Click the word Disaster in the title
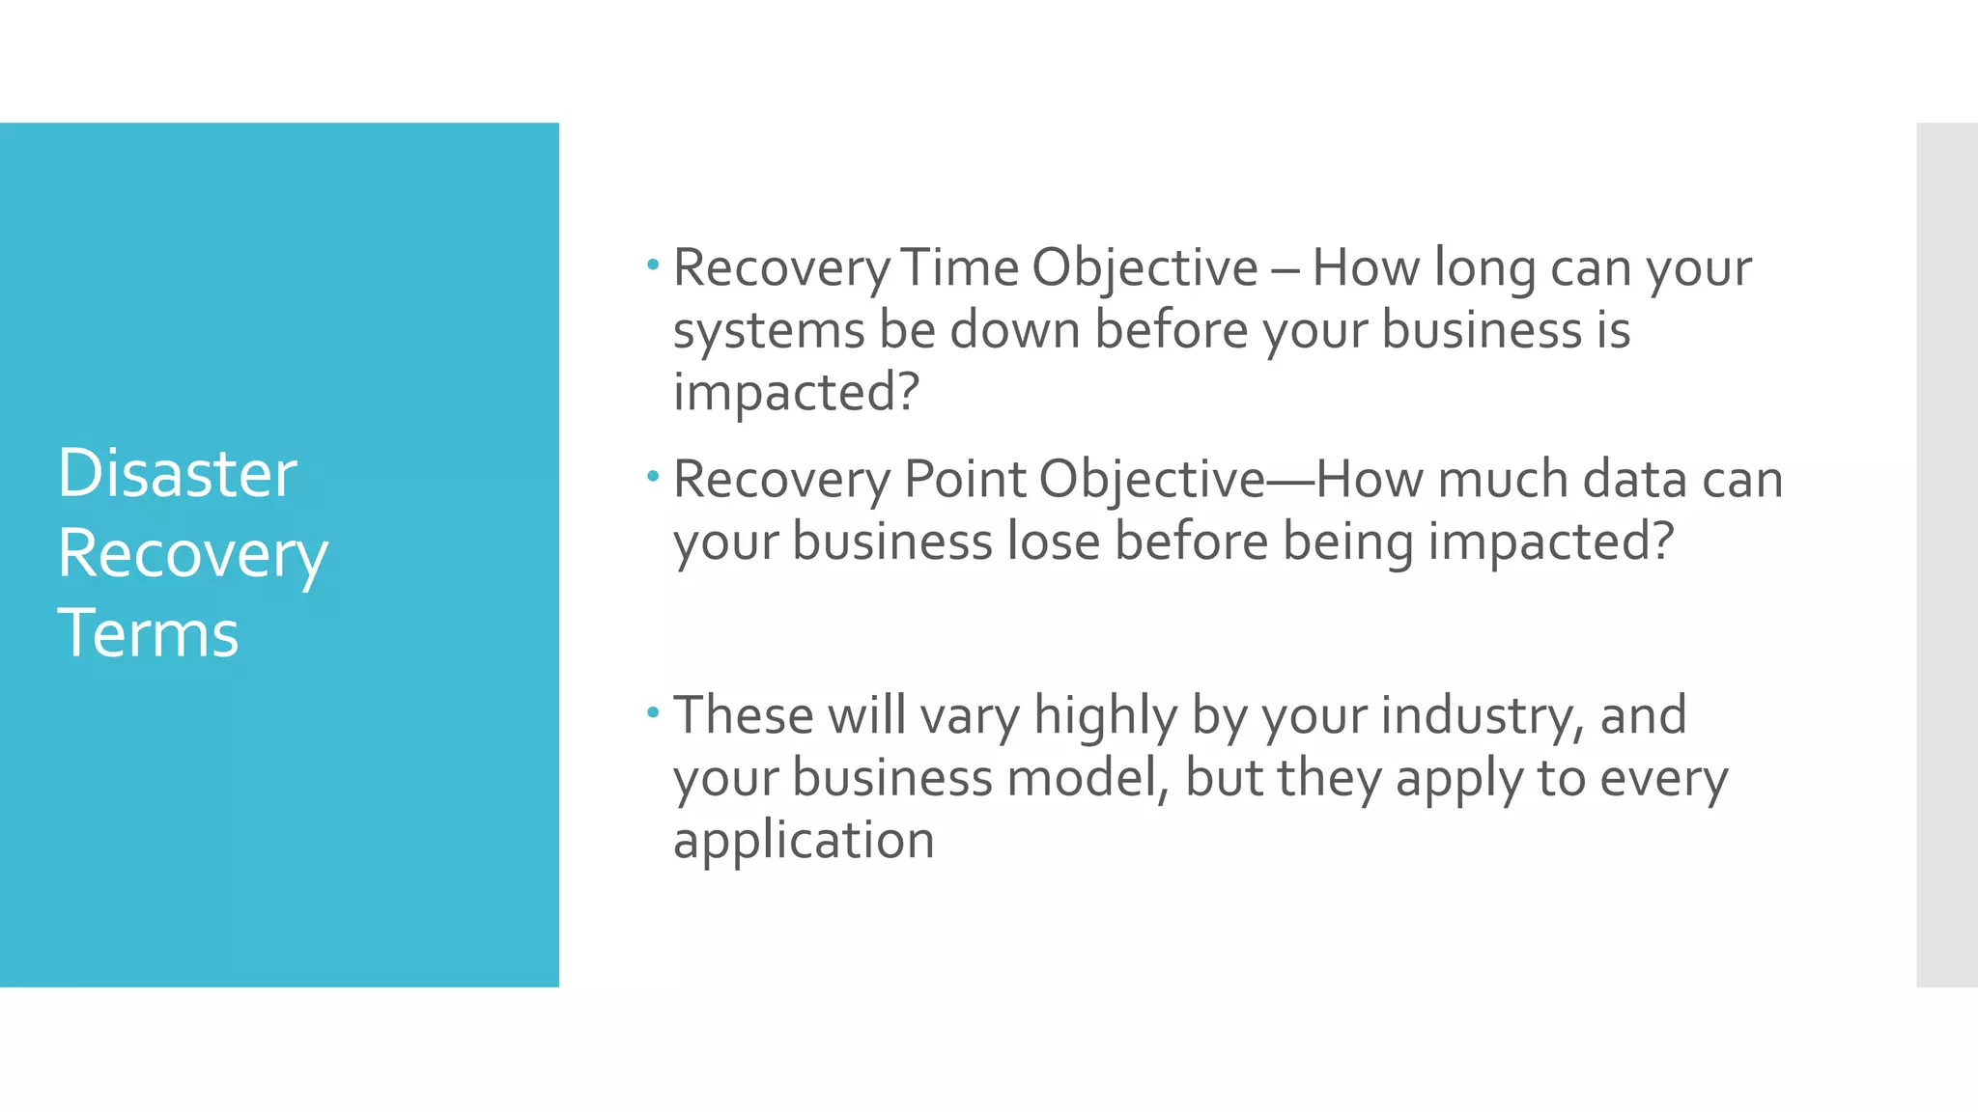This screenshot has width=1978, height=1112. [177, 473]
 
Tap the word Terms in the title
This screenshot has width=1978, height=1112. [148, 633]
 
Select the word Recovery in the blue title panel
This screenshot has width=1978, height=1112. [192, 555]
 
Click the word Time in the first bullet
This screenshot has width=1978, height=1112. [960, 267]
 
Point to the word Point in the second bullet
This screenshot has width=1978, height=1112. [964, 479]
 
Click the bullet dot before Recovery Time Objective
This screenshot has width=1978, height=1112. [653, 264]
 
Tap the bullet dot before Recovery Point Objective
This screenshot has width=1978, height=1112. [653, 475]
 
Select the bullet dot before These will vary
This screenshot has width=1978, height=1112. [653, 712]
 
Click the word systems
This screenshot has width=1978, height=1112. [768, 331]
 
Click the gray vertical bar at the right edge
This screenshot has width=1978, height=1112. [1946, 554]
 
